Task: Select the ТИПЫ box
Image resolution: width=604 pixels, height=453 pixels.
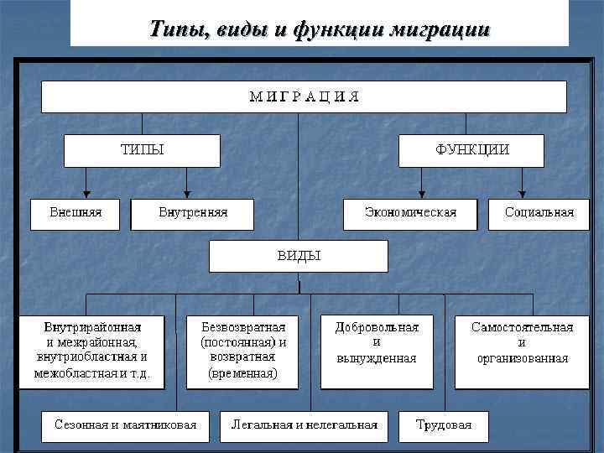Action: (x=143, y=150)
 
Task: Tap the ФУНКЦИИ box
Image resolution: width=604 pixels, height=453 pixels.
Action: (x=471, y=150)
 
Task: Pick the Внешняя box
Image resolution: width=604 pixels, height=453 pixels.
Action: (x=75, y=213)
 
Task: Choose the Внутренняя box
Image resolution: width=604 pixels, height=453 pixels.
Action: (x=192, y=213)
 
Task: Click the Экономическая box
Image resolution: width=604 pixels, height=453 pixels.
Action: (x=410, y=213)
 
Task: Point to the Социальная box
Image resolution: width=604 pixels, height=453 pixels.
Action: (x=539, y=213)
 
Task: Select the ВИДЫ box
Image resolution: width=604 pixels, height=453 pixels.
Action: (x=299, y=256)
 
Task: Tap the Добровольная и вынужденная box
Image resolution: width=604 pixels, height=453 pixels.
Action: (x=377, y=350)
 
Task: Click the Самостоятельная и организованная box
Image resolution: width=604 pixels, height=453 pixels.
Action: (x=522, y=350)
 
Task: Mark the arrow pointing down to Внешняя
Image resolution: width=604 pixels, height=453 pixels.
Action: (x=86, y=182)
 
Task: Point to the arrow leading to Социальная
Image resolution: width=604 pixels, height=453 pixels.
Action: (x=522, y=182)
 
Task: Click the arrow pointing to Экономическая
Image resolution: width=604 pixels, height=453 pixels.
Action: (x=421, y=182)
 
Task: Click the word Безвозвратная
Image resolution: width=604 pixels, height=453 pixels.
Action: (x=243, y=326)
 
